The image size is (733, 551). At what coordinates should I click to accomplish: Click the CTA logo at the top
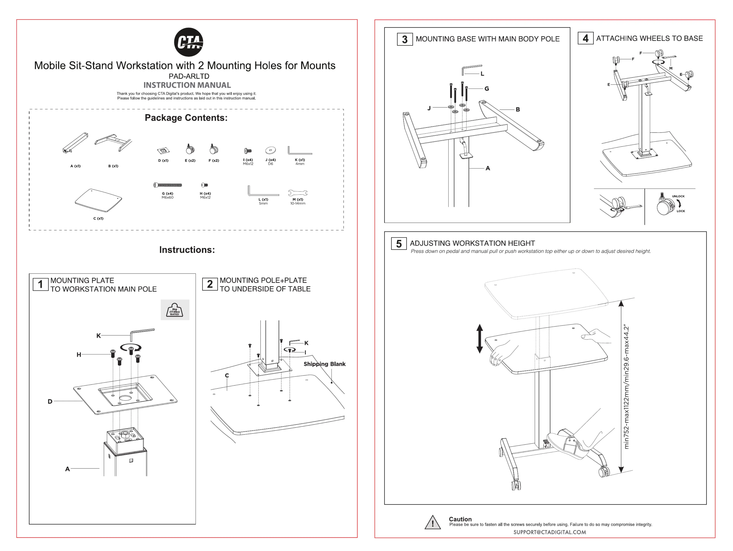189,42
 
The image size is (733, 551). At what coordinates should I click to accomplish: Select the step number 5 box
399,244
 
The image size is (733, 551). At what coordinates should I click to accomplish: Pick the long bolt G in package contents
168,185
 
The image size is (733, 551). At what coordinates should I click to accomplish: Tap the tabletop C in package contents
98,200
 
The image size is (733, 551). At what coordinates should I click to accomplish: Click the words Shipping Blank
324,364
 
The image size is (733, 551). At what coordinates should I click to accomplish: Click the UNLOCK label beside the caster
678,196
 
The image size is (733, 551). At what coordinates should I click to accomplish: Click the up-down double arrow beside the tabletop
479,338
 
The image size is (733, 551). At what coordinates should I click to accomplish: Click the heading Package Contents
186,118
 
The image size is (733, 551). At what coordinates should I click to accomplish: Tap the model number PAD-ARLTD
189,76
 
